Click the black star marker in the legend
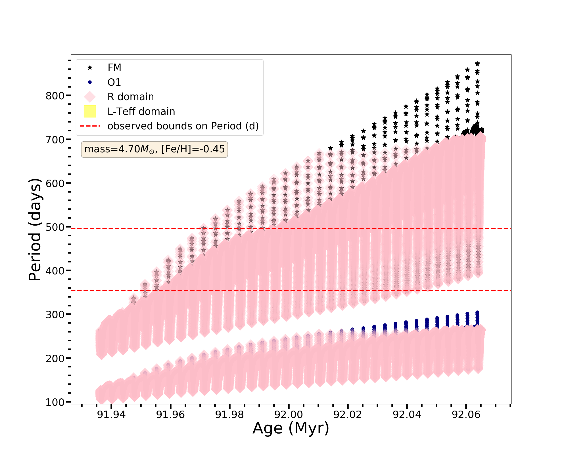pos(90,68)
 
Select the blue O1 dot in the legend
pos(90,82)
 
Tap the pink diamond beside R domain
pos(90,97)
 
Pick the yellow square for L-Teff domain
pos(90,111)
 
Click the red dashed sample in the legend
pos(90,126)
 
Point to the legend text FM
pos(114,68)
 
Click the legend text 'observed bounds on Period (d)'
pos(183,126)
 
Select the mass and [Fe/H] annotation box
pos(154,149)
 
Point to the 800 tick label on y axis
pos(55,96)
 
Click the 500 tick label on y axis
pos(55,227)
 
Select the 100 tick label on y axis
pos(55,402)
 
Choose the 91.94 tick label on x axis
pos(111,415)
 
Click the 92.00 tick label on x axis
pos(289,415)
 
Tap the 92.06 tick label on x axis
pos(466,415)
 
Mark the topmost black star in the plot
pos(477,64)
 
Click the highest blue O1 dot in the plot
pos(477,312)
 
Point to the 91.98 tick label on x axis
pos(229,415)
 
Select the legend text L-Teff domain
pos(141,112)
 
